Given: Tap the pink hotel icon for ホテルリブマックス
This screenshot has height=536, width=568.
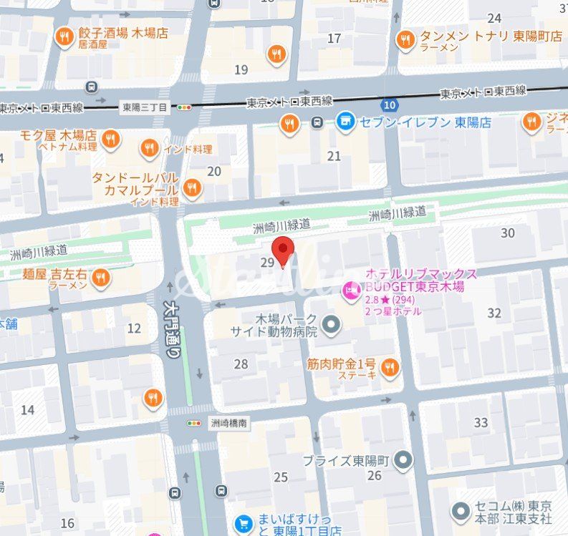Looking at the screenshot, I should click(352, 289).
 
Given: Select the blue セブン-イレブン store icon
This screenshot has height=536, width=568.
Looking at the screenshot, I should click(346, 122).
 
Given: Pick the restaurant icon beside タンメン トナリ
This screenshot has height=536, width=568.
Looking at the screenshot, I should click(406, 39).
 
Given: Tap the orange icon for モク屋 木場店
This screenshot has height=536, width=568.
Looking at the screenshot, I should click(110, 138).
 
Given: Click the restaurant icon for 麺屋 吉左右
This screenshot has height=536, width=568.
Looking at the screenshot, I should click(101, 278).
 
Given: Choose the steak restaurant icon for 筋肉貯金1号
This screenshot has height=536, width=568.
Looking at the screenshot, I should click(389, 368).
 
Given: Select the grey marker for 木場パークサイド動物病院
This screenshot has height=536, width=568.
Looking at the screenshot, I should click(330, 326).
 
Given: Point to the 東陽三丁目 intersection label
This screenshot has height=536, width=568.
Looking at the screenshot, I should click(145, 107).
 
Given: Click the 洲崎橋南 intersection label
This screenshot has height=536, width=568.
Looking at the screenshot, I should click(229, 424).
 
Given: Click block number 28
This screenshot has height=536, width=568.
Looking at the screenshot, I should click(241, 364).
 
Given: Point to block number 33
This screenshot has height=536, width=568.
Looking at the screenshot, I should click(481, 422).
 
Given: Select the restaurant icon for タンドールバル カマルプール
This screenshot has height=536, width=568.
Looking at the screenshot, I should click(191, 188).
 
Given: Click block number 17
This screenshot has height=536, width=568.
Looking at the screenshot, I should click(334, 38).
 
